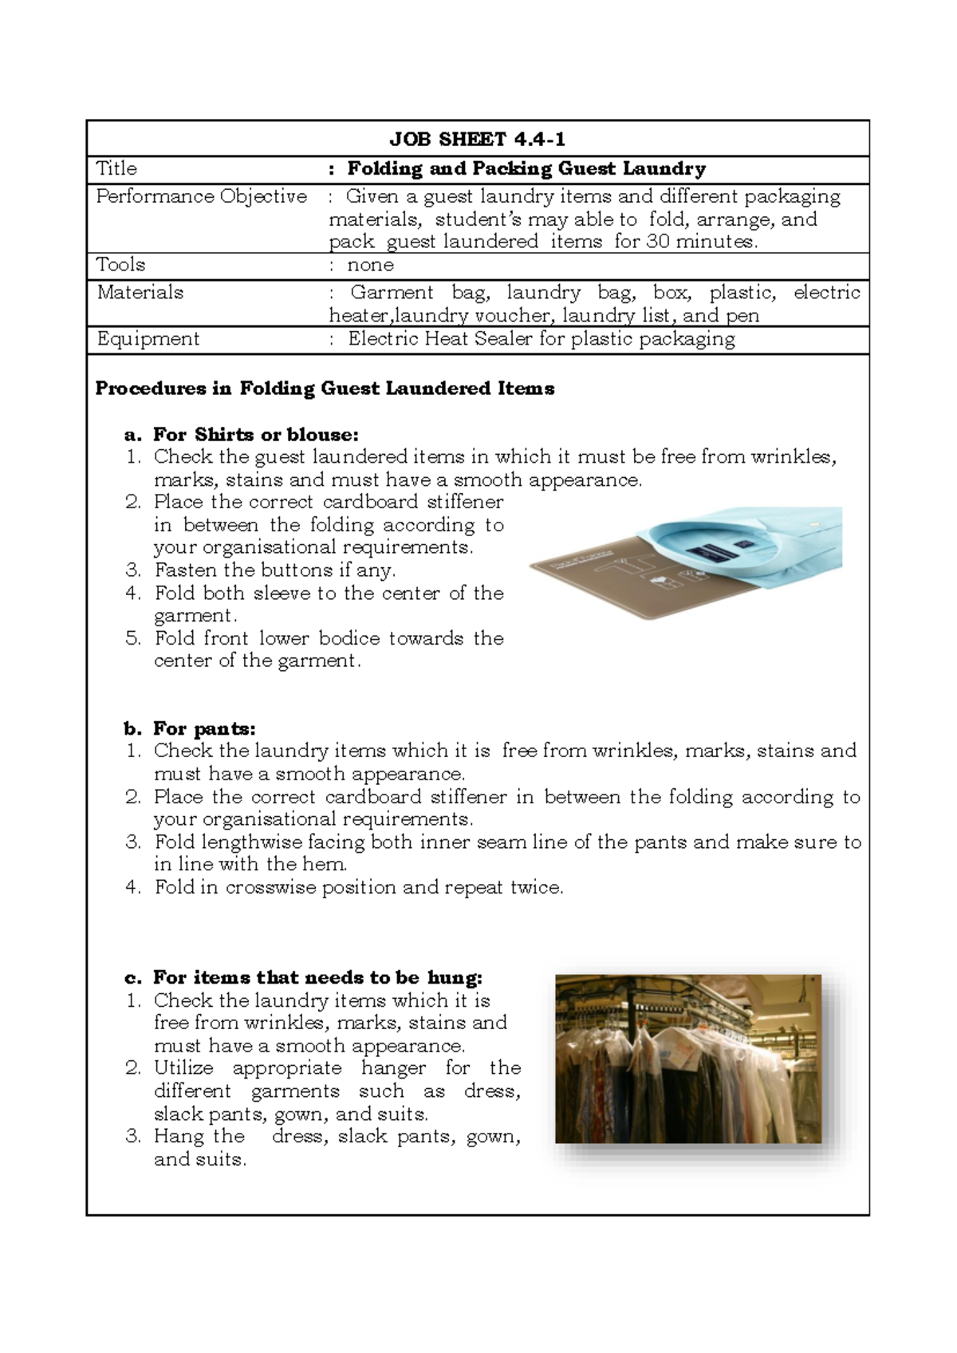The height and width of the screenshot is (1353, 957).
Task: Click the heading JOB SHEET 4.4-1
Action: (477, 140)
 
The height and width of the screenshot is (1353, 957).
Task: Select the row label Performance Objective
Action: (201, 196)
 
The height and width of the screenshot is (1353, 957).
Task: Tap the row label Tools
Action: (120, 265)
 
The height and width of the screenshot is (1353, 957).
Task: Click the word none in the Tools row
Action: (370, 265)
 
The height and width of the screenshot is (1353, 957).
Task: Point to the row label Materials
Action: (140, 292)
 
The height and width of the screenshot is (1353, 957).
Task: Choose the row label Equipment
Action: (148, 338)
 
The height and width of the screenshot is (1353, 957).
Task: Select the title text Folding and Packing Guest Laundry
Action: (526, 169)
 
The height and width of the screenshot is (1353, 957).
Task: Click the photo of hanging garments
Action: (687, 1059)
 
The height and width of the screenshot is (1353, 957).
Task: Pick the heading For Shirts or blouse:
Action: (255, 435)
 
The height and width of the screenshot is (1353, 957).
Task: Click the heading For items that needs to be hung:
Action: (317, 977)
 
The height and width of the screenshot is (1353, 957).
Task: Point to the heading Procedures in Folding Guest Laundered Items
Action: (325, 389)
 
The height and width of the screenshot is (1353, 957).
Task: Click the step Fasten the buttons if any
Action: (275, 570)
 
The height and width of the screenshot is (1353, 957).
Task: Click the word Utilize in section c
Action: (183, 1068)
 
